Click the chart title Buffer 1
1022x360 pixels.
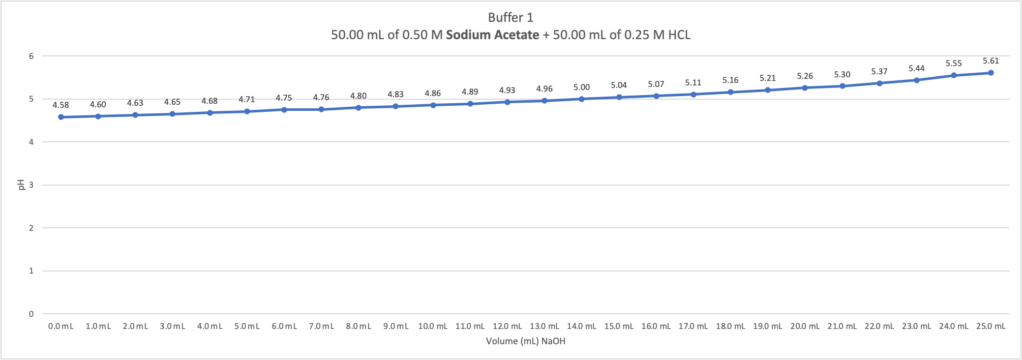click(x=510, y=18)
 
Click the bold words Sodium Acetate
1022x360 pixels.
click(x=492, y=35)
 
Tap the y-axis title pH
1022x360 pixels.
click(x=22, y=185)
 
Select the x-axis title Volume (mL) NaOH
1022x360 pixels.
click(x=525, y=341)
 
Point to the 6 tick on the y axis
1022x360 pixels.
click(x=32, y=56)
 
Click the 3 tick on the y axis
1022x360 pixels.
click(x=32, y=185)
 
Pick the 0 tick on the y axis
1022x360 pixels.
click(x=32, y=314)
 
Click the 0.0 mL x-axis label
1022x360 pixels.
click(x=61, y=326)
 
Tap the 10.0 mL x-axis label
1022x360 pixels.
click(x=433, y=326)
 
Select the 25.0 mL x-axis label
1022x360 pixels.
click(x=990, y=326)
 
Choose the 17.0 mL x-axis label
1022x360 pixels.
click(x=693, y=326)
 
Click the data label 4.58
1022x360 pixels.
click(x=61, y=105)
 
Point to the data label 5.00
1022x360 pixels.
click(x=582, y=87)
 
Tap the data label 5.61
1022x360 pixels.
click(x=990, y=61)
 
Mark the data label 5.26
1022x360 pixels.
click(x=805, y=76)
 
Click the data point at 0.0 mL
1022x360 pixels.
click(x=61, y=117)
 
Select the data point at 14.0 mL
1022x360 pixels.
click(x=582, y=99)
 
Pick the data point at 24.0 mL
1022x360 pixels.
click(x=954, y=75)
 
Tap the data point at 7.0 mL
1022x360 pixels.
click(x=321, y=109)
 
